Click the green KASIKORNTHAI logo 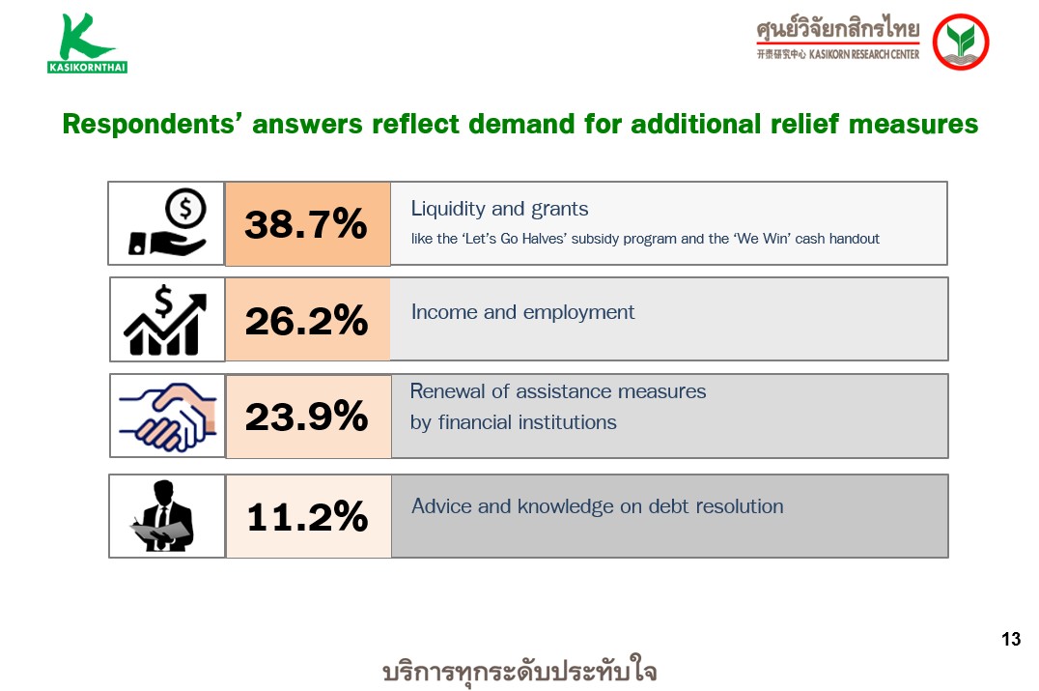tap(87, 43)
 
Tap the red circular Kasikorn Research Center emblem tap(960, 42)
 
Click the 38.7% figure tap(305, 224)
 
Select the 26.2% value tap(306, 321)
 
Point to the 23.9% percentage tap(306, 417)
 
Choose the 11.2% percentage tap(307, 517)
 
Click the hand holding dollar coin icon tap(168, 223)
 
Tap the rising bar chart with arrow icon tap(165, 320)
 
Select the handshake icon tap(168, 417)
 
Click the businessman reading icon tap(163, 516)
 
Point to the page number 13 tap(1011, 639)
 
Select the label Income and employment tap(522, 312)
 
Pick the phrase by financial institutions tap(514, 422)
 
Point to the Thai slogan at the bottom tap(520, 670)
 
